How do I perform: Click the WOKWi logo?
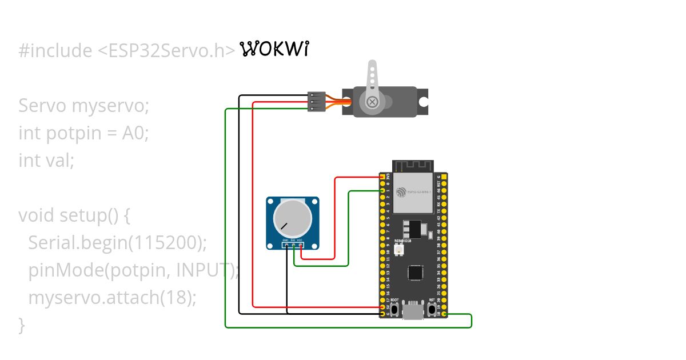pos(274,50)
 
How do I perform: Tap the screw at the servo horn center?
pos(372,102)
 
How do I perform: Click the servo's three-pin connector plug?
pos(316,101)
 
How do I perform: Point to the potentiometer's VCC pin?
pos(300,246)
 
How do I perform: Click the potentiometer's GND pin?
pos(285,246)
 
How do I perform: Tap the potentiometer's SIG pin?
pos(293,246)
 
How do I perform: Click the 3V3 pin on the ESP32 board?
pos(382,178)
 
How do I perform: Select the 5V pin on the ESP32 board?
pos(382,307)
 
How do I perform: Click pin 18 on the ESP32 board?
pos(445,314)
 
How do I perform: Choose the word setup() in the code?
pos(95,215)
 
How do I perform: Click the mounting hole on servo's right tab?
pos(423,102)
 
